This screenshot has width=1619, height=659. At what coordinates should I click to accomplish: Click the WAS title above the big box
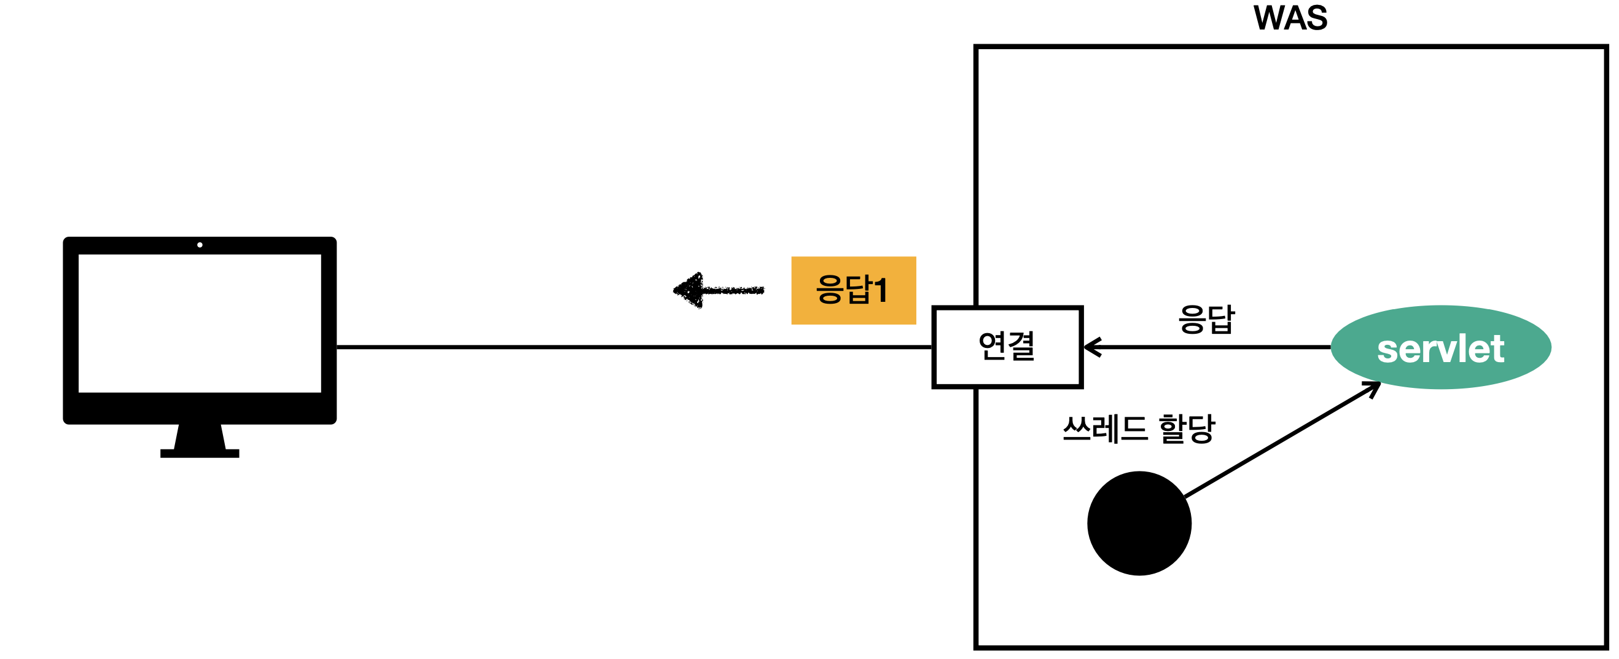tap(1290, 18)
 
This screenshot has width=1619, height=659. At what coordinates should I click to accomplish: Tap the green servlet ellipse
tap(1440, 348)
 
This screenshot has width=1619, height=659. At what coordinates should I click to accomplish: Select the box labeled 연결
tap(1007, 347)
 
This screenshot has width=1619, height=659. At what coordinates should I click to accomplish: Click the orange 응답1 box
tap(853, 291)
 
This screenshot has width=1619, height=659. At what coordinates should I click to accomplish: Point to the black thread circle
tap(1139, 523)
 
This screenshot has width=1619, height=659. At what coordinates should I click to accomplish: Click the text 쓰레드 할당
tap(1138, 429)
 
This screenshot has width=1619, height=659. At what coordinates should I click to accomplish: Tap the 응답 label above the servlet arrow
tap(1206, 319)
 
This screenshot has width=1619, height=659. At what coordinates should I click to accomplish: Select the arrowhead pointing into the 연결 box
tap(1092, 347)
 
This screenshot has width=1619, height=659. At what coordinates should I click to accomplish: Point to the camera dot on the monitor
tap(200, 245)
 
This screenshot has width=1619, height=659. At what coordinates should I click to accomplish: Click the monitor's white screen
tap(200, 323)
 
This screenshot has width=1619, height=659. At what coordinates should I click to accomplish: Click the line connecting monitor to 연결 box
tap(628, 347)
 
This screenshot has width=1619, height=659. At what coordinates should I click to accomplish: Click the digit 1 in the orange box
tap(881, 291)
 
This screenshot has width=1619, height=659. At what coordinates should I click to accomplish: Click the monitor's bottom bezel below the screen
tap(200, 408)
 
